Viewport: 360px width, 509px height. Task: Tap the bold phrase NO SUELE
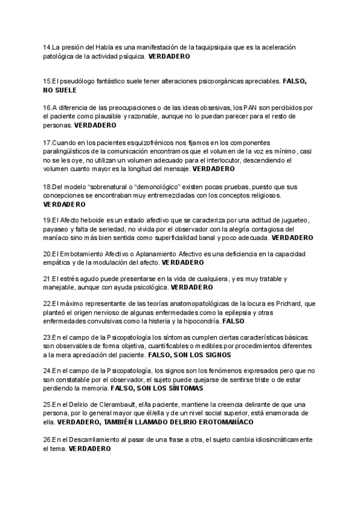(x=59, y=90)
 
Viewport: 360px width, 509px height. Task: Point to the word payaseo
(x=56, y=229)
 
